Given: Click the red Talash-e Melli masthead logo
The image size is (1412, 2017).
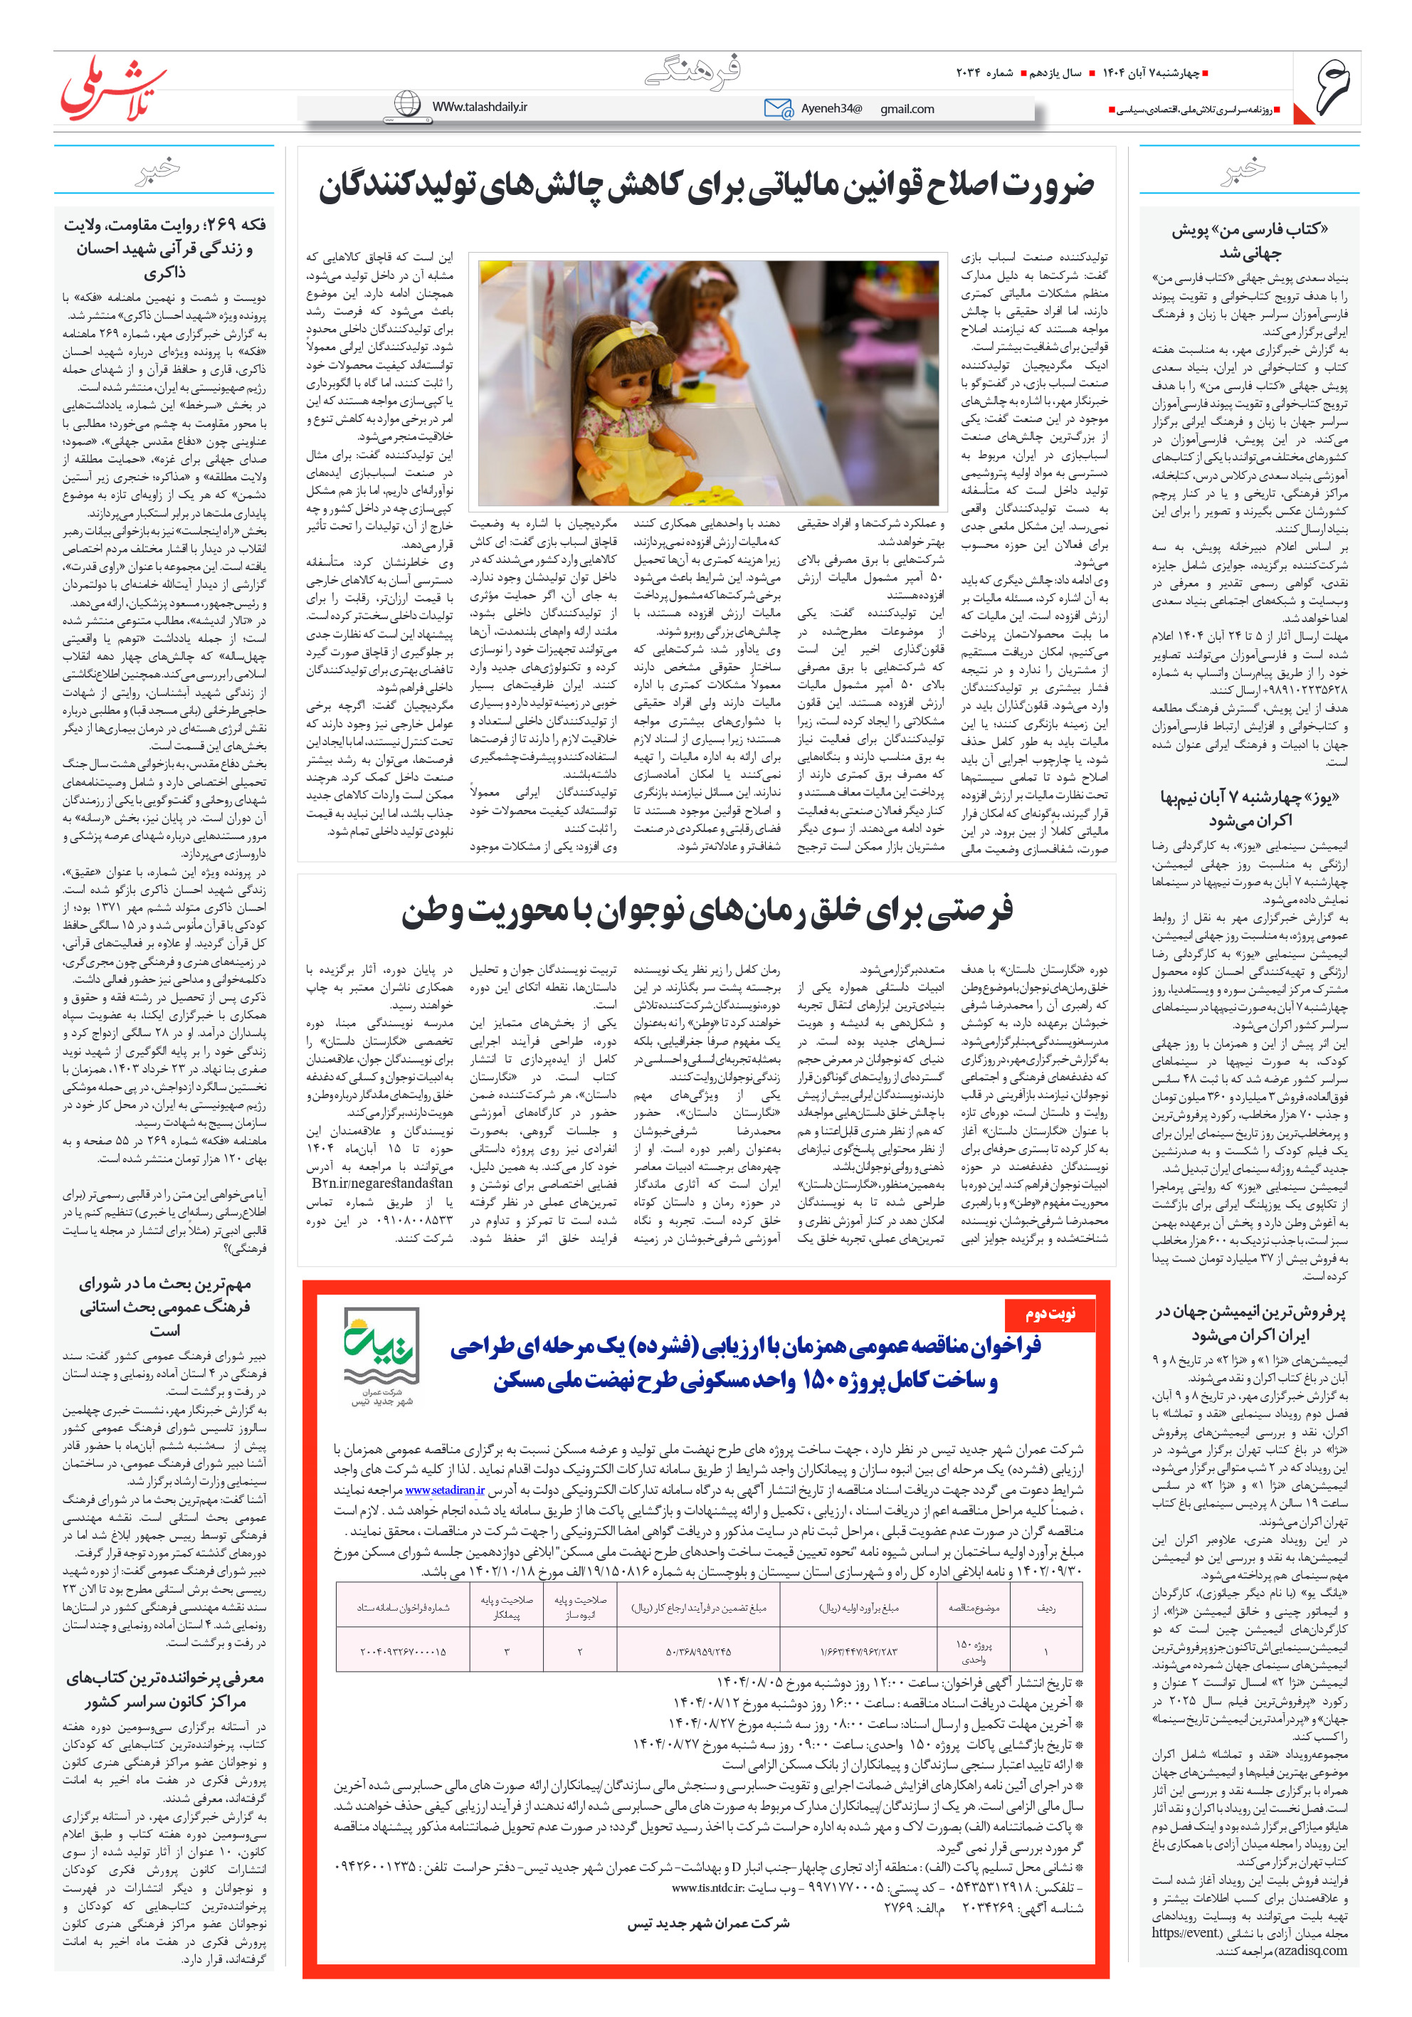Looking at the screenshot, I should point(112,88).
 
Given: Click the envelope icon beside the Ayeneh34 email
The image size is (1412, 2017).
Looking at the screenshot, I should point(778,108).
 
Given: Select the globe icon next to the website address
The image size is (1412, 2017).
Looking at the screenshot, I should point(407,104).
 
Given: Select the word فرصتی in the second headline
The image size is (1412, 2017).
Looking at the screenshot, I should point(967,912).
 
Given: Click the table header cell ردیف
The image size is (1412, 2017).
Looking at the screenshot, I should point(1045,1608).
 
